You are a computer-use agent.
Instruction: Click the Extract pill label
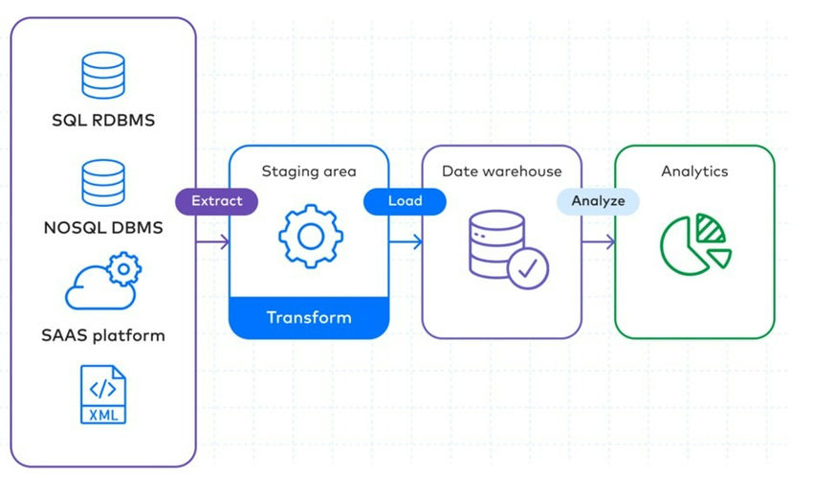tap(217, 201)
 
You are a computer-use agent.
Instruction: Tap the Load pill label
tap(406, 201)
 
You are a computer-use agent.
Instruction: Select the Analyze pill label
tap(598, 201)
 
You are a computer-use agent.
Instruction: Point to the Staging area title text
tap(309, 171)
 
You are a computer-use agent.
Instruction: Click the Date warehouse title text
tap(501, 171)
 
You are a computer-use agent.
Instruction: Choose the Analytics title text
tap(694, 171)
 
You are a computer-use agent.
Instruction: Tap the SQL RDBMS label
tap(103, 122)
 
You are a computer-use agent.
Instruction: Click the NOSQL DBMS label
tap(103, 228)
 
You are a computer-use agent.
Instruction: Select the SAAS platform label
tap(103, 335)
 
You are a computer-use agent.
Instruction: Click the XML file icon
tap(103, 394)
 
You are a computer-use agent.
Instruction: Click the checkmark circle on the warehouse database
tap(527, 268)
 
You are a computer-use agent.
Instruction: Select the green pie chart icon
tap(694, 243)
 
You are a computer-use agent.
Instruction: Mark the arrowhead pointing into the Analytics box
tap(610, 242)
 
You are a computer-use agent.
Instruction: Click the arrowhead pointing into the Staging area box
tap(225, 242)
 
